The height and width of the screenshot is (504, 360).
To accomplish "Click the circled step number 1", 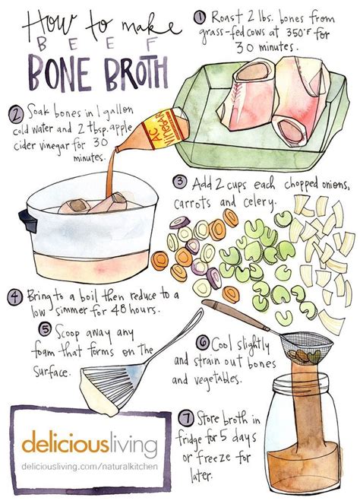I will pos(200,17).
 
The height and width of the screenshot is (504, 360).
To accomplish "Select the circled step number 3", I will pos(180,182).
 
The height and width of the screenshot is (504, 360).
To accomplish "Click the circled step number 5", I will pos(45,329).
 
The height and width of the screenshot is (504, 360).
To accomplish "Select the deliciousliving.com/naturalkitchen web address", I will pos(90,466).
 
